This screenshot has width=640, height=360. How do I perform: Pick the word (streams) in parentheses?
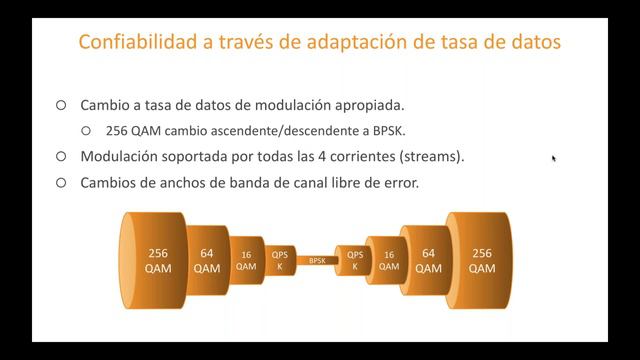[429, 157]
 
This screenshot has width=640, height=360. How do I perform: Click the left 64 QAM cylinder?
[207, 260]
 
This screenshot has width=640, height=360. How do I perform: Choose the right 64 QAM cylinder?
[428, 260]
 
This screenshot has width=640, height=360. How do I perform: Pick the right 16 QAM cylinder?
[388, 260]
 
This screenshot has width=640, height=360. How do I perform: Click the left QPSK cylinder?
[279, 260]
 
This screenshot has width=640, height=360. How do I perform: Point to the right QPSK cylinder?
[355, 260]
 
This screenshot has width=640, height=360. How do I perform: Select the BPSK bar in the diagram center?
[317, 260]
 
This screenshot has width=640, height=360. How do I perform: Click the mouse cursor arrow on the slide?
[553, 157]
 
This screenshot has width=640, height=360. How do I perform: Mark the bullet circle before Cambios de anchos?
[61, 183]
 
